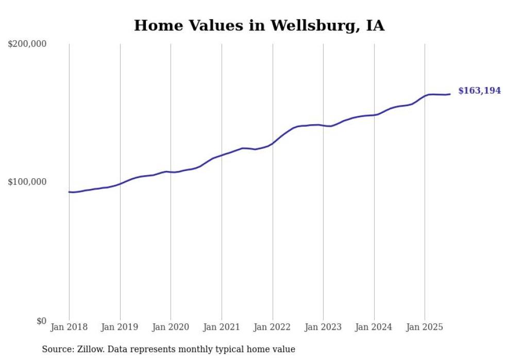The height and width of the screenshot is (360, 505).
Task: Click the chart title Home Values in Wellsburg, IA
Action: (x=259, y=25)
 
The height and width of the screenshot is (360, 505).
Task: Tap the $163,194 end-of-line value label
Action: (x=479, y=91)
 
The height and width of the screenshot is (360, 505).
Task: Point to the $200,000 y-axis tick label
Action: (x=27, y=44)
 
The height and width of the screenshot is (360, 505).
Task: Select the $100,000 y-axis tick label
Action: (x=27, y=182)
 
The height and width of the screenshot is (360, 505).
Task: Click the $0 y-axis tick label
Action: (x=41, y=321)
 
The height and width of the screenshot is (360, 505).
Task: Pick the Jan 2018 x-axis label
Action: (x=69, y=327)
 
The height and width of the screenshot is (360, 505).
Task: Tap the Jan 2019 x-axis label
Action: (x=120, y=327)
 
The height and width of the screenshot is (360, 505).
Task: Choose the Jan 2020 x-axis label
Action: (x=171, y=327)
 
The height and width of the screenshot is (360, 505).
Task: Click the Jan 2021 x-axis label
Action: (x=222, y=327)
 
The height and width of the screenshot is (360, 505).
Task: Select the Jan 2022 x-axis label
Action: (x=272, y=327)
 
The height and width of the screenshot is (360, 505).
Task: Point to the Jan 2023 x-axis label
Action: (x=323, y=327)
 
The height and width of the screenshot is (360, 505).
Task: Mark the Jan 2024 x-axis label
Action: (x=374, y=327)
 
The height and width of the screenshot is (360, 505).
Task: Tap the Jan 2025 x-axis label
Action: (x=425, y=327)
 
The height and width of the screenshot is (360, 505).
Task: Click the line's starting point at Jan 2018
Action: (x=69, y=192)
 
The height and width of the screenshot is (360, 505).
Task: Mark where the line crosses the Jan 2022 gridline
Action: (x=272, y=143)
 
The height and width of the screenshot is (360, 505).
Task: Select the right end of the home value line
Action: (x=450, y=94)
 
